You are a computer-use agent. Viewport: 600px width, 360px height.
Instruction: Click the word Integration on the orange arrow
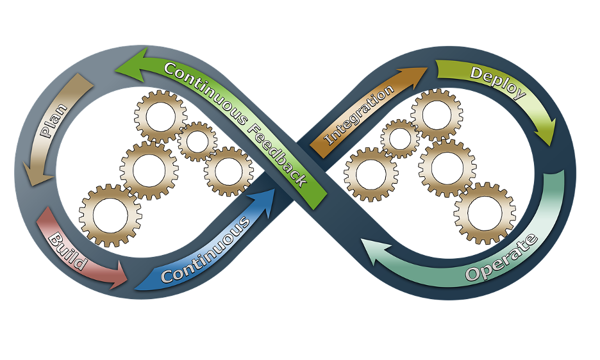pyautogui.click(x=360, y=115)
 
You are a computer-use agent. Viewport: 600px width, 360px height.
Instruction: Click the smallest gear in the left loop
pyautogui.click(x=197, y=141)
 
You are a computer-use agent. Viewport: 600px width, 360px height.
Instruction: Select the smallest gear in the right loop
pyautogui.click(x=400, y=138)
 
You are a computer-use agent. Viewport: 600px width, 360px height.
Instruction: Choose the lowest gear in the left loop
pyautogui.click(x=111, y=215)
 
